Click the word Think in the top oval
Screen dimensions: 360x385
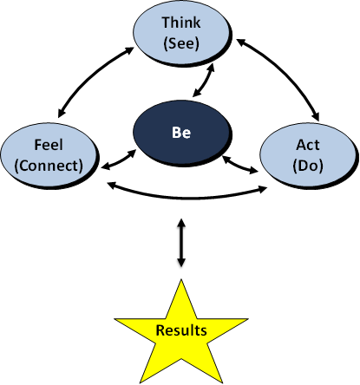(181, 23)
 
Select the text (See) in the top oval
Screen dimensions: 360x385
(181, 43)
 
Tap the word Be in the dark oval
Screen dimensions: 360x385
(181, 133)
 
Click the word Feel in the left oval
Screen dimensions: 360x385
(49, 145)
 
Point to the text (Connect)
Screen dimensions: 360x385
(49, 166)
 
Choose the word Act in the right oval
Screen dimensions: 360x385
(308, 145)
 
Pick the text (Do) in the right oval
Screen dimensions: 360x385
(308, 166)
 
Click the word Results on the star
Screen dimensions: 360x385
(181, 330)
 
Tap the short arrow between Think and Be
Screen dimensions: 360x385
(204, 80)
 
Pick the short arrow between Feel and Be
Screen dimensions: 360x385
(119, 160)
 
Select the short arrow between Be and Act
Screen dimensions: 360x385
(240, 165)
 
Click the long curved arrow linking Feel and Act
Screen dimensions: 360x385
(187, 198)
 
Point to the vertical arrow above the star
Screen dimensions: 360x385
(181, 243)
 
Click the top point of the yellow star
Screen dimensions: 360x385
(181, 279)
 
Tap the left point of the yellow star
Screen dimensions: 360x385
(115, 319)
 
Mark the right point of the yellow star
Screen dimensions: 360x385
(248, 319)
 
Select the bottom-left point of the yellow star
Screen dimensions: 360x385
(141, 383)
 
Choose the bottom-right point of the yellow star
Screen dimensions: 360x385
(222, 383)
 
